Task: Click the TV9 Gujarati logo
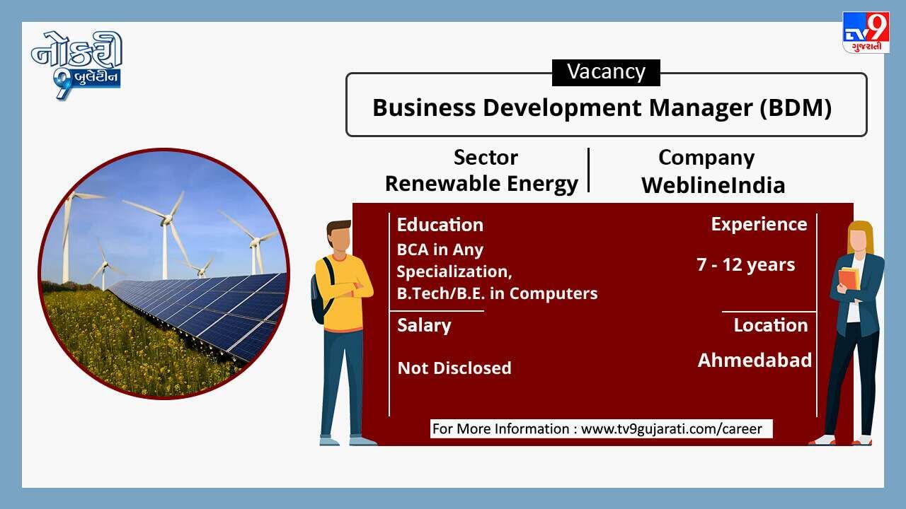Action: click(x=866, y=33)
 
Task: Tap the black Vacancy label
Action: click(x=606, y=73)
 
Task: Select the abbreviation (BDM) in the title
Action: click(x=795, y=108)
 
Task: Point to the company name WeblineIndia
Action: click(x=713, y=185)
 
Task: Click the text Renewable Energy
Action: click(x=481, y=185)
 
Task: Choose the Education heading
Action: click(x=440, y=225)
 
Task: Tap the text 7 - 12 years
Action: click(x=746, y=264)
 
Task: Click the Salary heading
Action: click(x=424, y=326)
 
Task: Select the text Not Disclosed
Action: click(x=454, y=368)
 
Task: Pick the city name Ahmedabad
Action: click(x=755, y=361)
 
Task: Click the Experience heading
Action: click(x=759, y=225)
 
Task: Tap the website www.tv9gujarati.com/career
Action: click(x=672, y=429)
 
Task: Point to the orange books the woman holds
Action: click(x=849, y=279)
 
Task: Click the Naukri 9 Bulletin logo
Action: click(x=77, y=64)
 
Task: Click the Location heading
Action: click(x=771, y=326)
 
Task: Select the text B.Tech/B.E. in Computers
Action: click(x=497, y=293)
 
